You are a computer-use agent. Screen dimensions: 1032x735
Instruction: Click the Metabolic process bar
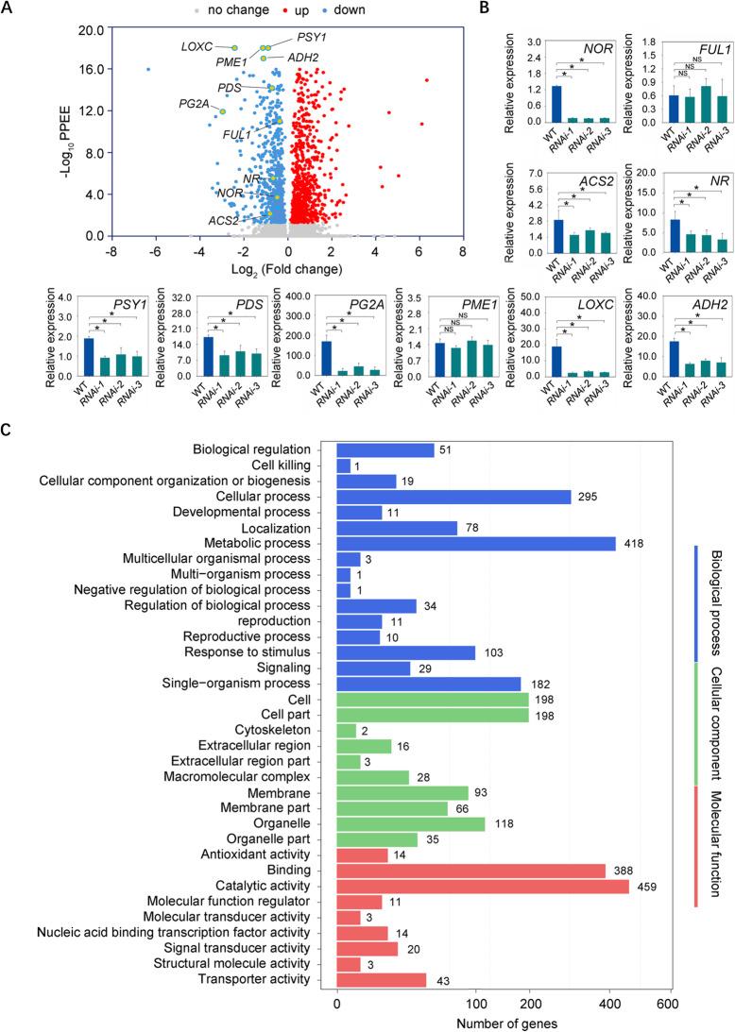(476, 544)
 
